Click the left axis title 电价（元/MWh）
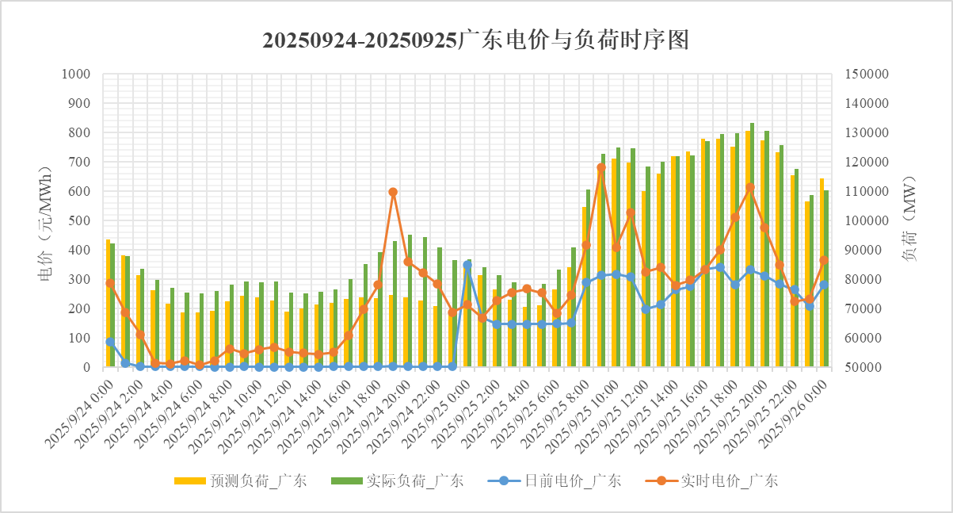[x=45, y=220]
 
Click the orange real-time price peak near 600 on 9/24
[x=393, y=192]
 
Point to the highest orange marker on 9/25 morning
[x=601, y=167]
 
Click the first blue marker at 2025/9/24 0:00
[x=110, y=341]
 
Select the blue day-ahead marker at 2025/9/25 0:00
[x=467, y=265]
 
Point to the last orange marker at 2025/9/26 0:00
[x=824, y=260]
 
